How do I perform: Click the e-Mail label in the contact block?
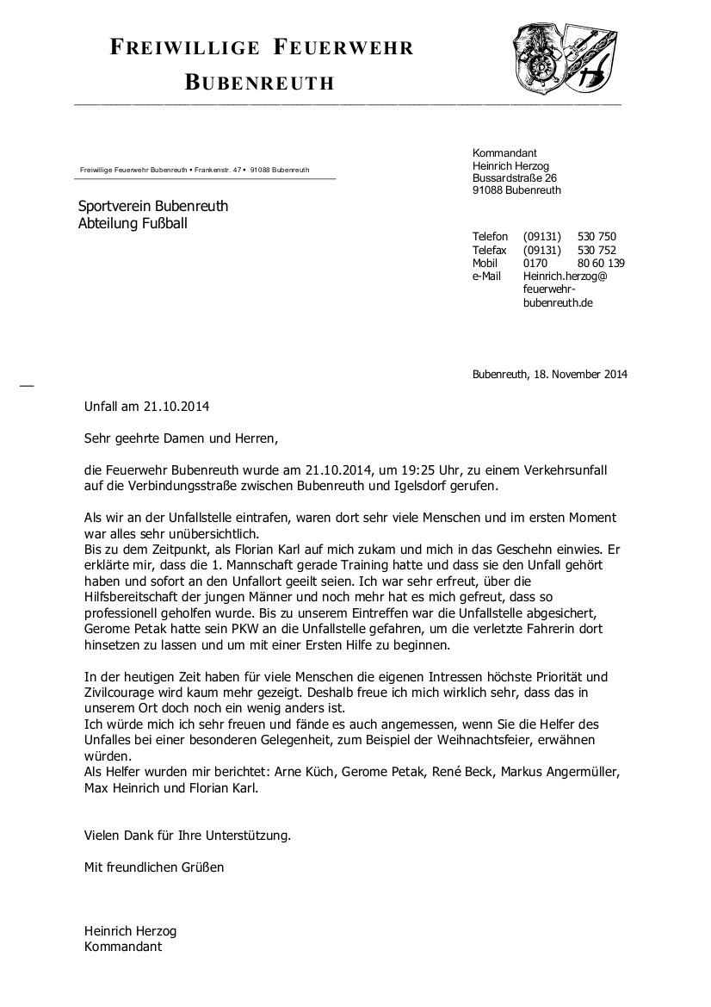(x=486, y=276)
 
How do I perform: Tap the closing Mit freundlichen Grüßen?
(x=154, y=867)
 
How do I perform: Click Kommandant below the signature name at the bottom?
(x=123, y=946)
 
